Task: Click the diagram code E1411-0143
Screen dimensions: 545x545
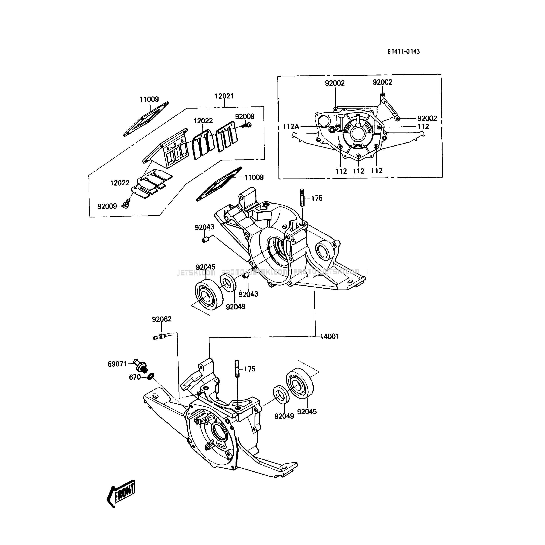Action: point(403,51)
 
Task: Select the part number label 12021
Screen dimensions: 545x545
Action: point(224,96)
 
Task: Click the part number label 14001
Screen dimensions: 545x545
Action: point(329,336)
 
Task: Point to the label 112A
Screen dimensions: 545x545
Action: point(291,127)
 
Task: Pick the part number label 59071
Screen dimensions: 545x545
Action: point(117,364)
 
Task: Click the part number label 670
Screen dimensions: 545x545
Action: point(135,377)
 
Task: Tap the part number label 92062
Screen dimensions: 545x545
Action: point(162,319)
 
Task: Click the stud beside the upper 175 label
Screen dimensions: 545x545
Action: point(302,198)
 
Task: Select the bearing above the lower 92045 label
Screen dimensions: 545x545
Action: point(300,383)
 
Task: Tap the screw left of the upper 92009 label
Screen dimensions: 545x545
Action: point(247,125)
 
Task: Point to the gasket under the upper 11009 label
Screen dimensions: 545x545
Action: point(146,119)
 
